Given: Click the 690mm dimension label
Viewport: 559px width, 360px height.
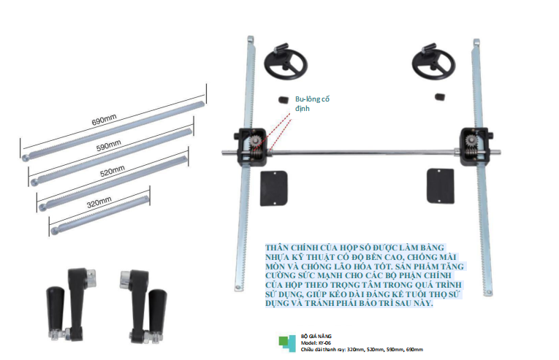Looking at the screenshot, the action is (x=104, y=120).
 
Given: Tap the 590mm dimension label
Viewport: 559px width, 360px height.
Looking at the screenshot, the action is (x=109, y=145).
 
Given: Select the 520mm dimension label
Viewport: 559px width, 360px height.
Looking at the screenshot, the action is (x=113, y=171).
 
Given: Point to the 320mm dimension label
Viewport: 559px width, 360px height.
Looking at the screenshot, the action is (x=99, y=202).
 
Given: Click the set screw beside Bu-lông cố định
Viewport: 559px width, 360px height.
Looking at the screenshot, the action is (x=284, y=100).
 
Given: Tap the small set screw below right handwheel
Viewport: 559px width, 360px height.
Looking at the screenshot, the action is (x=439, y=96).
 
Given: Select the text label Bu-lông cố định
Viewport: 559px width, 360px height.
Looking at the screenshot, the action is (x=312, y=104).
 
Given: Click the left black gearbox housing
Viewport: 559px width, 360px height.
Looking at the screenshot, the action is (x=251, y=147).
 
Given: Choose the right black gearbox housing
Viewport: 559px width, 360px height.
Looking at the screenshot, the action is (x=476, y=147).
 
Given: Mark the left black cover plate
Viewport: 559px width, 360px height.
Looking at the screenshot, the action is (x=274, y=188).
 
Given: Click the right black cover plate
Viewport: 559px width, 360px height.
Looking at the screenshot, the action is (x=441, y=186).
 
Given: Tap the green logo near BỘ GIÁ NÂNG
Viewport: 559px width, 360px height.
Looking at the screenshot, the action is (x=287, y=344).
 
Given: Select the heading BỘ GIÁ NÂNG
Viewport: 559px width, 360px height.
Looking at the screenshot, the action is (x=316, y=336).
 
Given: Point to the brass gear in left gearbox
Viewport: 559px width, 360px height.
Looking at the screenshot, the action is (x=256, y=142).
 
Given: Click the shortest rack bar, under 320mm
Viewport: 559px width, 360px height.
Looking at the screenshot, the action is (x=100, y=215).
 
